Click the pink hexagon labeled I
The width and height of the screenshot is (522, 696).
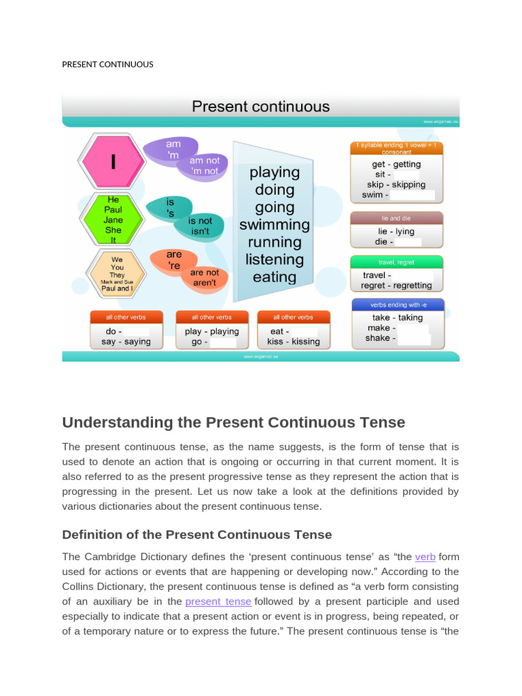click(114, 162)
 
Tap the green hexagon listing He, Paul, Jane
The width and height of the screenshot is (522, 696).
click(112, 220)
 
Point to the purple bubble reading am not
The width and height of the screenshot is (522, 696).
click(203, 166)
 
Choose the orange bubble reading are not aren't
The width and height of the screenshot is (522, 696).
click(205, 277)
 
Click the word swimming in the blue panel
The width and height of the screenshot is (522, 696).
click(274, 225)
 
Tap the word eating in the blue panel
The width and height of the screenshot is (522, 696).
click(274, 277)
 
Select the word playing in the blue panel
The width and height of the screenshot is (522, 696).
click(274, 172)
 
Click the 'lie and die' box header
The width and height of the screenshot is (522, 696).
click(396, 218)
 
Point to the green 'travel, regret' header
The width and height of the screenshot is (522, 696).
click(396, 262)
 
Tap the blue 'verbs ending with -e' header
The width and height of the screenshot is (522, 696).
click(398, 304)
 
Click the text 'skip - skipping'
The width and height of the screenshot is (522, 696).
click(396, 184)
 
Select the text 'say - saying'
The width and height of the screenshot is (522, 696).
click(126, 341)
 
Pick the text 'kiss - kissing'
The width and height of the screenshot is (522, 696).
click(294, 341)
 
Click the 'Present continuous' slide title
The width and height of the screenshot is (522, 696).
click(261, 107)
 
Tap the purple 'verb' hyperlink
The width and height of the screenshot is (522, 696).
click(425, 557)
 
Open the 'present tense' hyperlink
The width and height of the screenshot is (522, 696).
click(218, 602)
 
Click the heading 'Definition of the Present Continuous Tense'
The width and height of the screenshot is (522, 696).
click(197, 534)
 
